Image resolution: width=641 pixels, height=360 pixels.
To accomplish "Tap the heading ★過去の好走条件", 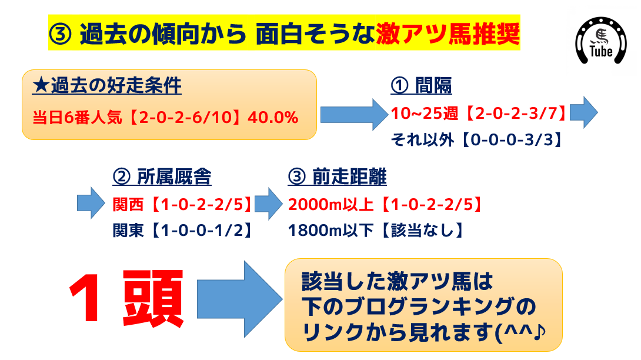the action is tap(106, 86).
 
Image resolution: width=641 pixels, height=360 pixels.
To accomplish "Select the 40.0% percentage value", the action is tap(273, 118).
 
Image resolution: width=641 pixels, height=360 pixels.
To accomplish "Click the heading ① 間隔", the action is tap(421, 85).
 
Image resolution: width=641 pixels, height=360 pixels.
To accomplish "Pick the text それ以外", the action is tap(422, 140).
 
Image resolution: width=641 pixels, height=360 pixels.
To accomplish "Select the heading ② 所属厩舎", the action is tap(162, 176).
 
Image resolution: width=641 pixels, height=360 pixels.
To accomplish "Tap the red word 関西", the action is tap(128, 205).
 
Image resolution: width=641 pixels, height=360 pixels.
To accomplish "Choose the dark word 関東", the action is tap(128, 231).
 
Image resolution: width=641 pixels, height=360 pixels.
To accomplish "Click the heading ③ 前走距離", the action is tap(338, 176).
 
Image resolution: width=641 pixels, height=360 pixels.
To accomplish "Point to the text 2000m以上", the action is tap(330, 205).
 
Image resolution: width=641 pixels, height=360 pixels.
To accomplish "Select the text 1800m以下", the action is tap(330, 231).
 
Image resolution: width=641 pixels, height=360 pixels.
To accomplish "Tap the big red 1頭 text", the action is tap(126, 298).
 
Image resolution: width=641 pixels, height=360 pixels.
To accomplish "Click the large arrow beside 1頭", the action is tap(239, 299).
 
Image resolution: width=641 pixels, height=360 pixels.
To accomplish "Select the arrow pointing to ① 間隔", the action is tap(355, 115).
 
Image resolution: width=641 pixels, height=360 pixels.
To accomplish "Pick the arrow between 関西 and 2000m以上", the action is tap(269, 204).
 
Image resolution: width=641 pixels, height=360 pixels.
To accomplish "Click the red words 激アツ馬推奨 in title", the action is tap(448, 34).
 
